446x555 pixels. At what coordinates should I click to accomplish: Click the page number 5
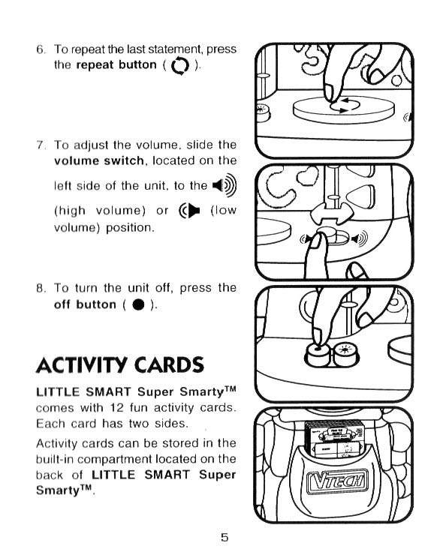(x=225, y=537)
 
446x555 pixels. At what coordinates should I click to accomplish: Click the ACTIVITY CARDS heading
(x=120, y=365)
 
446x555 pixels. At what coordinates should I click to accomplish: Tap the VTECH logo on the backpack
(x=336, y=482)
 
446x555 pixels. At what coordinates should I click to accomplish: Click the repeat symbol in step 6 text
(x=180, y=66)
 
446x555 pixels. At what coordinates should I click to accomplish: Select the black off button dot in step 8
(x=138, y=304)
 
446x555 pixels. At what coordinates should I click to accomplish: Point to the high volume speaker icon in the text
(x=225, y=185)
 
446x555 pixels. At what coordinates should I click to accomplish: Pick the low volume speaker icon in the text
(x=189, y=211)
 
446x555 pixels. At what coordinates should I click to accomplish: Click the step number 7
(x=41, y=145)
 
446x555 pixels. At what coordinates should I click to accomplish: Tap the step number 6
(x=41, y=49)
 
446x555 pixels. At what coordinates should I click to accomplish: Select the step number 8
(x=41, y=288)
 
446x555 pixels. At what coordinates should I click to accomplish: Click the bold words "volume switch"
(x=99, y=161)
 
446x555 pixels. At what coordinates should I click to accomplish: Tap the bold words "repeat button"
(x=116, y=65)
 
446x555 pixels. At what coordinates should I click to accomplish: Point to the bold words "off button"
(x=85, y=304)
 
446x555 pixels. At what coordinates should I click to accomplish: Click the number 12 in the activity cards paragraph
(x=116, y=408)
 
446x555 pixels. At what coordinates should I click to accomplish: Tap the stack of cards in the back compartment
(x=334, y=438)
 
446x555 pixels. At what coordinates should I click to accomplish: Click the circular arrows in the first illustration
(x=345, y=106)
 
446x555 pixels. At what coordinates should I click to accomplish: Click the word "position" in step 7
(x=130, y=227)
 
